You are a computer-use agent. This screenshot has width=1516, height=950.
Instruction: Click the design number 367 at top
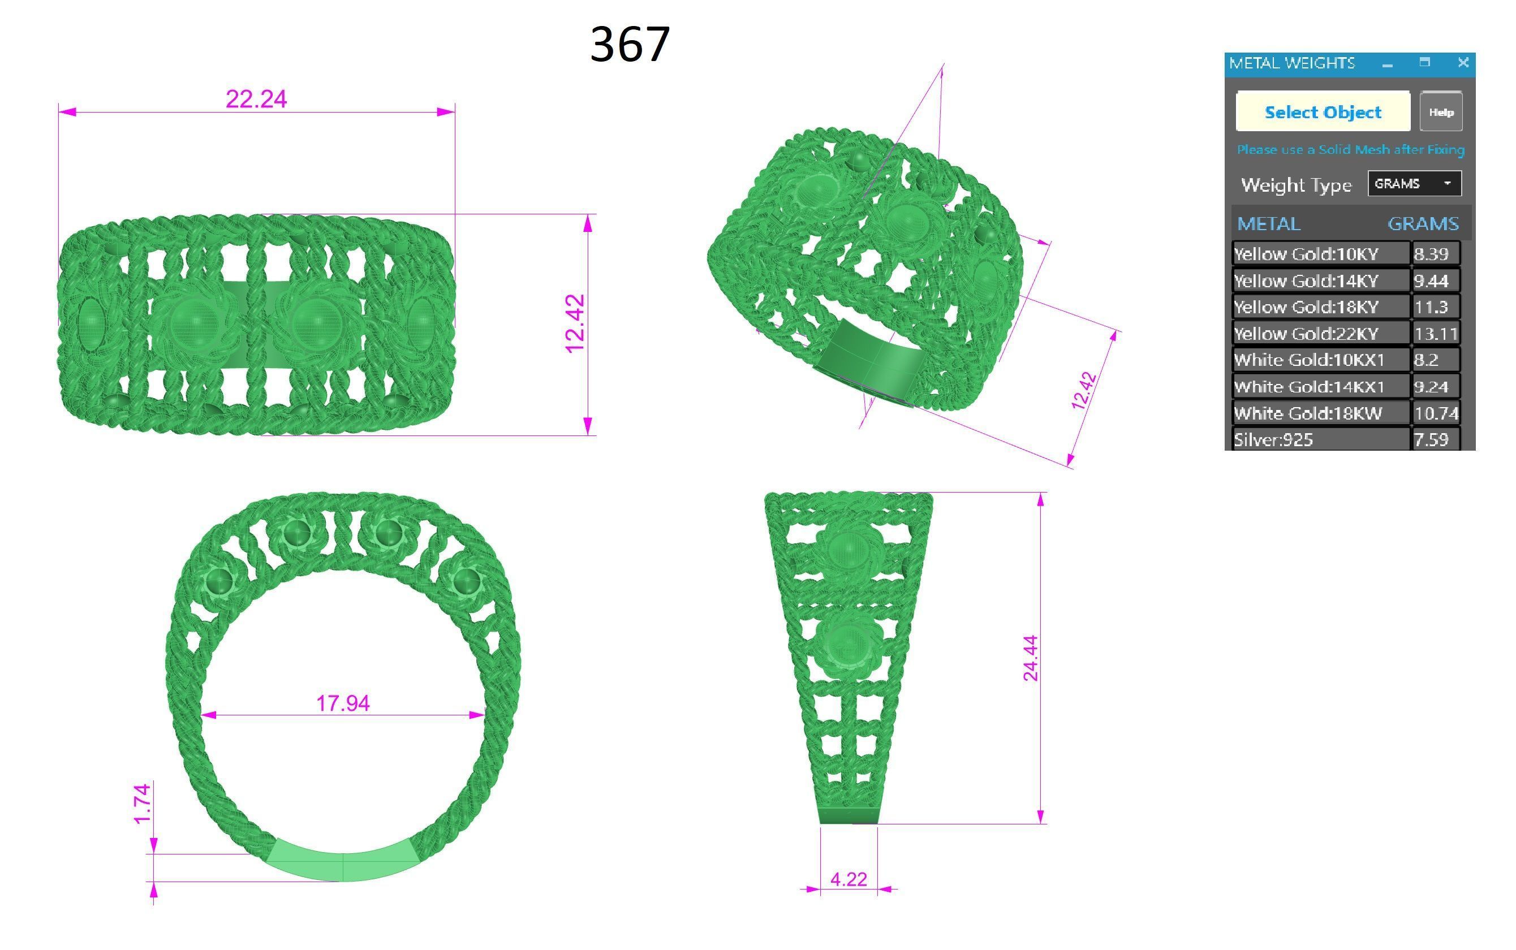tap(630, 44)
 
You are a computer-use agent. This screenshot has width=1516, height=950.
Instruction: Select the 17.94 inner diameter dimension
tap(343, 703)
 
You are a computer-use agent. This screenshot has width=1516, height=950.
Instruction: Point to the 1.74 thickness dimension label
tap(142, 804)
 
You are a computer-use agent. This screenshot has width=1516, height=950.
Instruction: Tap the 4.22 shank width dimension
tap(849, 879)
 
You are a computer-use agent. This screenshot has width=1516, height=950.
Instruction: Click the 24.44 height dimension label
tap(1030, 658)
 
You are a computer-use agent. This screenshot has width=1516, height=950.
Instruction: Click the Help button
tap(1441, 112)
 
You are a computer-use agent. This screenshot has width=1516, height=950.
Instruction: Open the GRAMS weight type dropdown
tap(1414, 183)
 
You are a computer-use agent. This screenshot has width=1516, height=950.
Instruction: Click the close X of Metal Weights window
tap(1463, 62)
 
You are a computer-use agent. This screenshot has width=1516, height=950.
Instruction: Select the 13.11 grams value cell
tap(1435, 333)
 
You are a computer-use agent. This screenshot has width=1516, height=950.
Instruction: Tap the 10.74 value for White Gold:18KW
tap(1435, 413)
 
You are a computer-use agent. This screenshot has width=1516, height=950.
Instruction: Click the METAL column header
tap(1268, 224)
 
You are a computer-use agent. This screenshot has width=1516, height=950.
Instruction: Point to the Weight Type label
tap(1295, 185)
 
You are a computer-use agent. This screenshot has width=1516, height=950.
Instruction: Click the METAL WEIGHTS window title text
tap(1291, 63)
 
